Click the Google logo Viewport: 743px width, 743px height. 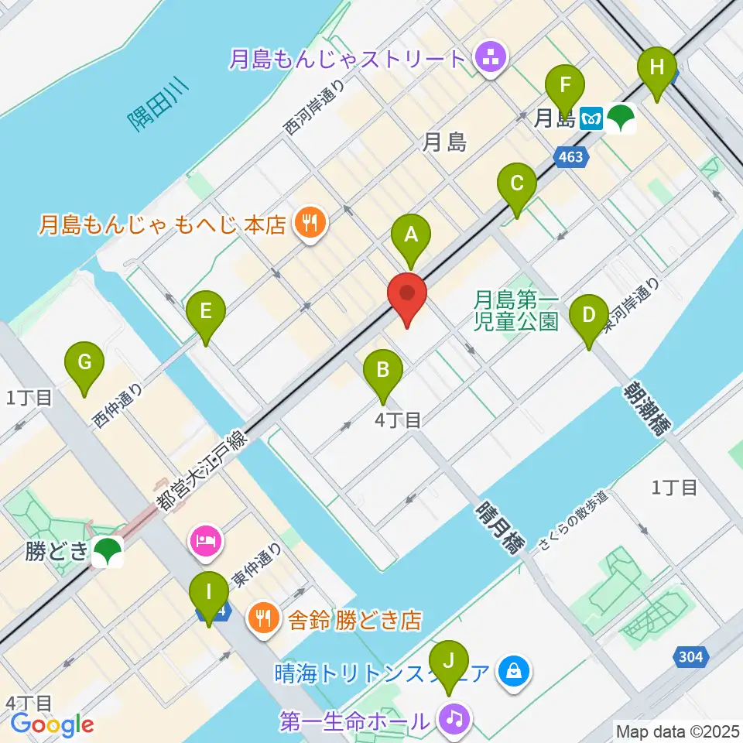(x=53, y=724)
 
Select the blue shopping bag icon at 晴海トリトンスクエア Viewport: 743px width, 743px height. (x=514, y=671)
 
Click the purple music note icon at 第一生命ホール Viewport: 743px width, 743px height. (x=453, y=720)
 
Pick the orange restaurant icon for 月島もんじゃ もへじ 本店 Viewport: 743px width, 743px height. (x=310, y=224)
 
